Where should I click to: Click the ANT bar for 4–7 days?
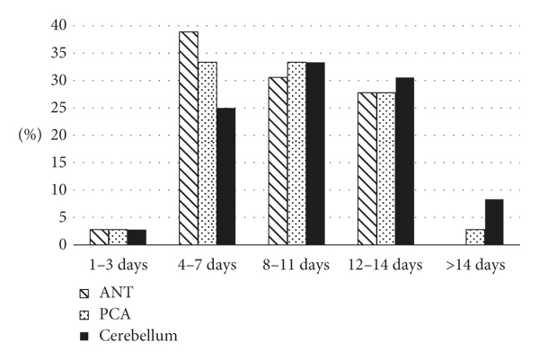189,138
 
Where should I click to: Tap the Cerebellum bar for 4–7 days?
225,176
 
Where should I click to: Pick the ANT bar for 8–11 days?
278,161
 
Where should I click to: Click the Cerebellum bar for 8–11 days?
314,154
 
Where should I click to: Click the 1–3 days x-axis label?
118,265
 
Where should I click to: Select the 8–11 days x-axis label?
296,265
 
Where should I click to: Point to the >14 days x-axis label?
474,265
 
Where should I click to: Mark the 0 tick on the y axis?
58,244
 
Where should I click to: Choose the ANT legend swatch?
84,294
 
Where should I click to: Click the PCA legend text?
118,314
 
